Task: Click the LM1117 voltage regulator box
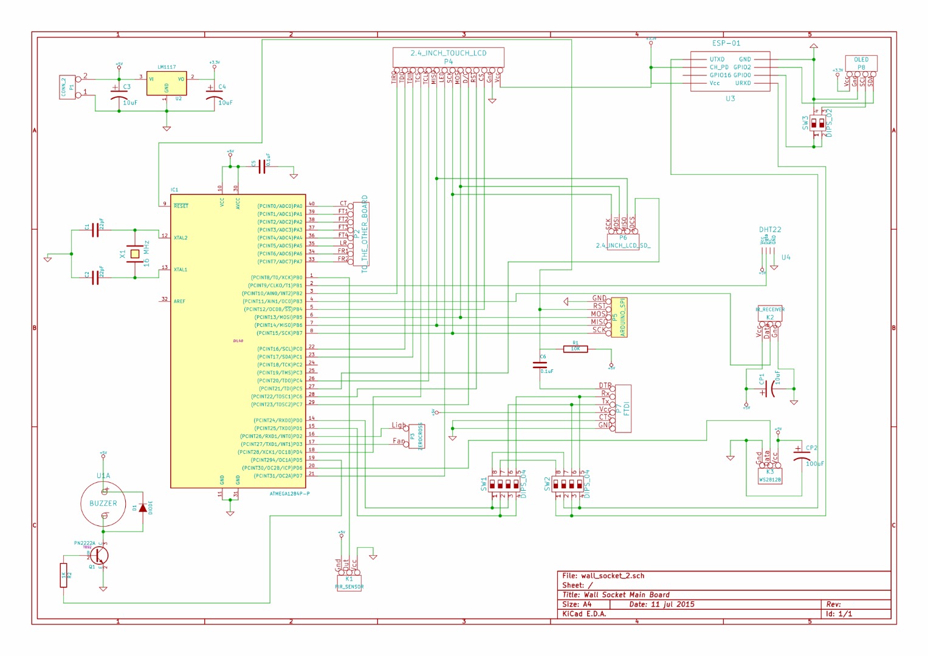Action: coord(166,83)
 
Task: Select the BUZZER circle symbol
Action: coord(103,504)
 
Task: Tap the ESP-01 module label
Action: coord(726,43)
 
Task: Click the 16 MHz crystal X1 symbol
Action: coord(135,253)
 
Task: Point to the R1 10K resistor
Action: coord(575,349)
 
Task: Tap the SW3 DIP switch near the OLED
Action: coord(818,123)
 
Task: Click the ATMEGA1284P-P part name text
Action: coord(290,494)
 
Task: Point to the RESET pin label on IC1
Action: coord(181,206)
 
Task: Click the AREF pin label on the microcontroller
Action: coord(179,301)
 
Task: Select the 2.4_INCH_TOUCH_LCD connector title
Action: coord(449,53)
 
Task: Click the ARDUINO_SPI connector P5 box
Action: coord(619,317)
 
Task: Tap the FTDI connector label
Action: coord(627,408)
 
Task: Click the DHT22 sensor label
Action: coord(770,230)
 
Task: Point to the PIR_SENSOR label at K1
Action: coord(349,587)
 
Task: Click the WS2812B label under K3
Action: coord(770,480)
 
